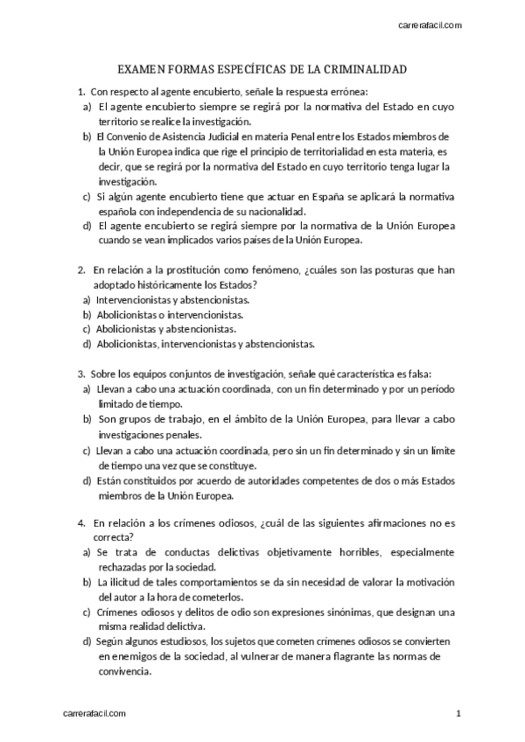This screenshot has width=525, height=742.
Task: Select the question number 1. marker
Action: (80, 91)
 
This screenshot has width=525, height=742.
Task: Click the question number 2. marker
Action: (80, 269)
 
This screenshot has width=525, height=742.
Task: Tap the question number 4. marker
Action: (80, 522)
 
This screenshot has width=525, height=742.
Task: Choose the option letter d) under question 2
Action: (87, 344)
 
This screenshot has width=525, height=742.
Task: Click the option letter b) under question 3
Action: (87, 418)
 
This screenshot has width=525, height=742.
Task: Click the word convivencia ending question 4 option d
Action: (125, 672)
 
